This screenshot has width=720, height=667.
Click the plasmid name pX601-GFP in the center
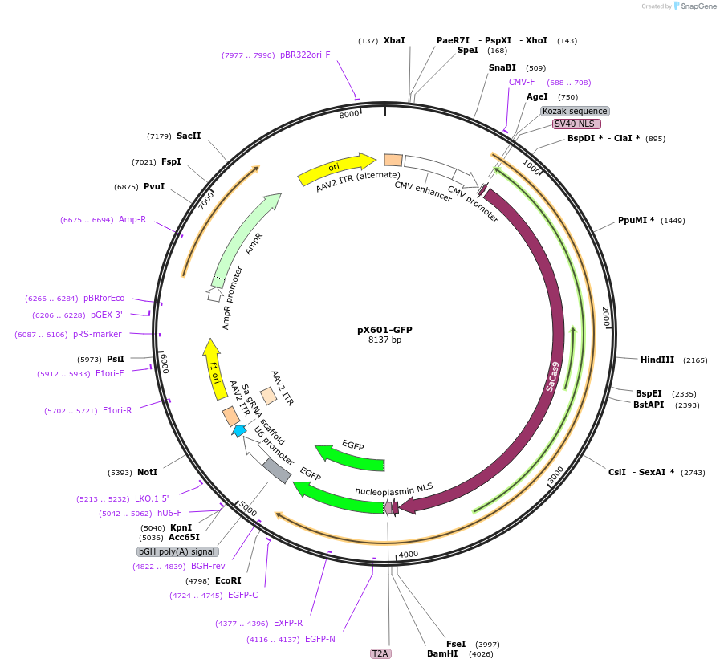[x=384, y=330]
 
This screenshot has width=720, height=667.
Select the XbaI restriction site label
[x=394, y=40]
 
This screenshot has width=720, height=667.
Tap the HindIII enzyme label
[x=657, y=360]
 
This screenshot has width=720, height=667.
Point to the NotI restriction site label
[x=147, y=472]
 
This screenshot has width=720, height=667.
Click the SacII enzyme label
[x=189, y=136]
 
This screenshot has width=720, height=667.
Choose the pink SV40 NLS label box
[x=576, y=124]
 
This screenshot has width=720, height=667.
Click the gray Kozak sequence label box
[x=574, y=111]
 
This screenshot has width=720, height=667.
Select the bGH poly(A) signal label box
[x=177, y=551]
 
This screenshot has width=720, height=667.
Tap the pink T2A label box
[x=380, y=653]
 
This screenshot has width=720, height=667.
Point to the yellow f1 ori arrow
[x=214, y=368]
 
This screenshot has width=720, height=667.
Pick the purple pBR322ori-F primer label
[x=305, y=55]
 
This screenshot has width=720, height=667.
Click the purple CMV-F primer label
[x=522, y=82]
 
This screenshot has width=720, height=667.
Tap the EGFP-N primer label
[x=320, y=640]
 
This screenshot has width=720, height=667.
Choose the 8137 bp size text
[x=384, y=340]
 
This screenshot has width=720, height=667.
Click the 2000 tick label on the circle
[x=607, y=316]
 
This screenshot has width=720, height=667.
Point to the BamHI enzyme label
[x=442, y=653]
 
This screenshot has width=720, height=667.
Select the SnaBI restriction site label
[x=502, y=68]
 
